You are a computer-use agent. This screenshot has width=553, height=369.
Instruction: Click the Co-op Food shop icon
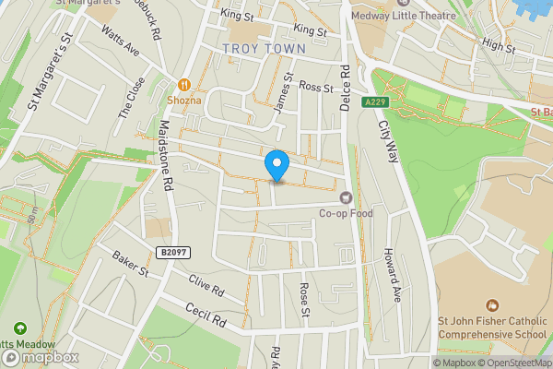pos(346,196)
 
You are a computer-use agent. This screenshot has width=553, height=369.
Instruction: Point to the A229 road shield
pos(373,101)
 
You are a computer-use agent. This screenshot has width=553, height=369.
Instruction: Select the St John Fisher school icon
pos(491,305)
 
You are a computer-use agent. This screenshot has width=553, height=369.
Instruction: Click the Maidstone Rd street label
pos(168,158)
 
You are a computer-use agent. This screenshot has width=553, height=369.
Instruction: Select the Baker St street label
pos(131,264)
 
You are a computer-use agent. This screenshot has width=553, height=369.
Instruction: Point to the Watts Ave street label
pos(121,42)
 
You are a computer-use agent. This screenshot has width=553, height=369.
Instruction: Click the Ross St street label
pos(315,88)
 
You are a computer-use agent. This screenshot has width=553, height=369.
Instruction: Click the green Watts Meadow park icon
pos(19,327)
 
